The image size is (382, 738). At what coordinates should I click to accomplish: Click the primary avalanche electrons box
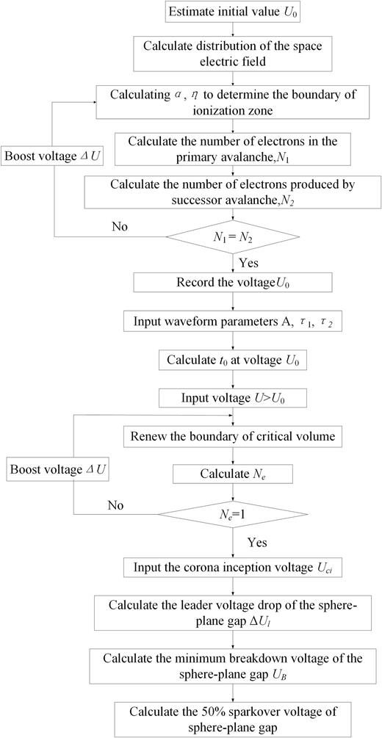click(233, 147)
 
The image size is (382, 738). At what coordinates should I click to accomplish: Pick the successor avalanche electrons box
click(233, 192)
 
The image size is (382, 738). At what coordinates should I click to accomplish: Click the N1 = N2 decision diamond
click(233, 236)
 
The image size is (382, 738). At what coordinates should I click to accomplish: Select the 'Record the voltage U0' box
click(233, 282)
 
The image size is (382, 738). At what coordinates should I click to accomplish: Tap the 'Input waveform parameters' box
click(233, 322)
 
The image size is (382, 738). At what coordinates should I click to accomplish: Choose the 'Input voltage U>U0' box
click(233, 397)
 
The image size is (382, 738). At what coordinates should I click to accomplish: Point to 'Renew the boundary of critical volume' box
click(233, 436)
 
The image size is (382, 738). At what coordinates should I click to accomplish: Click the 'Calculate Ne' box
click(233, 474)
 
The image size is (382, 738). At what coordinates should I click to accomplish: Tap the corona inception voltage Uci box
click(233, 568)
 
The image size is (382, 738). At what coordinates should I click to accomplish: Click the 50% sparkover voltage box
click(233, 718)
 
